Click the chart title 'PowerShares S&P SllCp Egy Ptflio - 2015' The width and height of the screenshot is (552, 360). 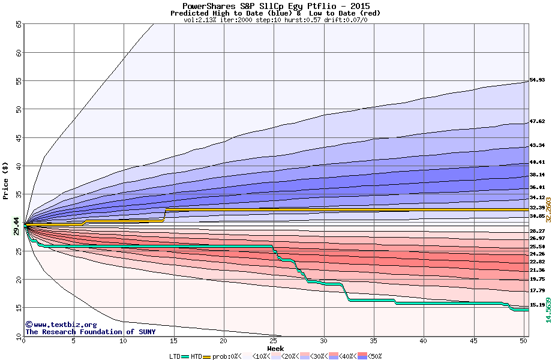(275, 5)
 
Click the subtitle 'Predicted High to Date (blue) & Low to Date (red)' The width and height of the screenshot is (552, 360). (275, 13)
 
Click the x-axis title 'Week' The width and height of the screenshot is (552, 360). (275, 348)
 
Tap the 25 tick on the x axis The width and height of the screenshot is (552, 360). (274, 341)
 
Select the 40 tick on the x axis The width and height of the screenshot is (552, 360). (424, 341)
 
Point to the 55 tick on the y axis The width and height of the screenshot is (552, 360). (19, 81)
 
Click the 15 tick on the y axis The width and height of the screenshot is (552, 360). (19, 308)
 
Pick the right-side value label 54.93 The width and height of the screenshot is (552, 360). (537, 80)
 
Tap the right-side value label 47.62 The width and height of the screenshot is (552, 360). (537, 121)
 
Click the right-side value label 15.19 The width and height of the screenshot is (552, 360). (537, 305)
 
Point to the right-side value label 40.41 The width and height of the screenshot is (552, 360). (537, 162)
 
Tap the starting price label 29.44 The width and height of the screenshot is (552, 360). (17, 226)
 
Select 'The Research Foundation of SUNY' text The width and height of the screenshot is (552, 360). (90, 332)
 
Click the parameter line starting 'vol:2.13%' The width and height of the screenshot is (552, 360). (275, 20)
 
